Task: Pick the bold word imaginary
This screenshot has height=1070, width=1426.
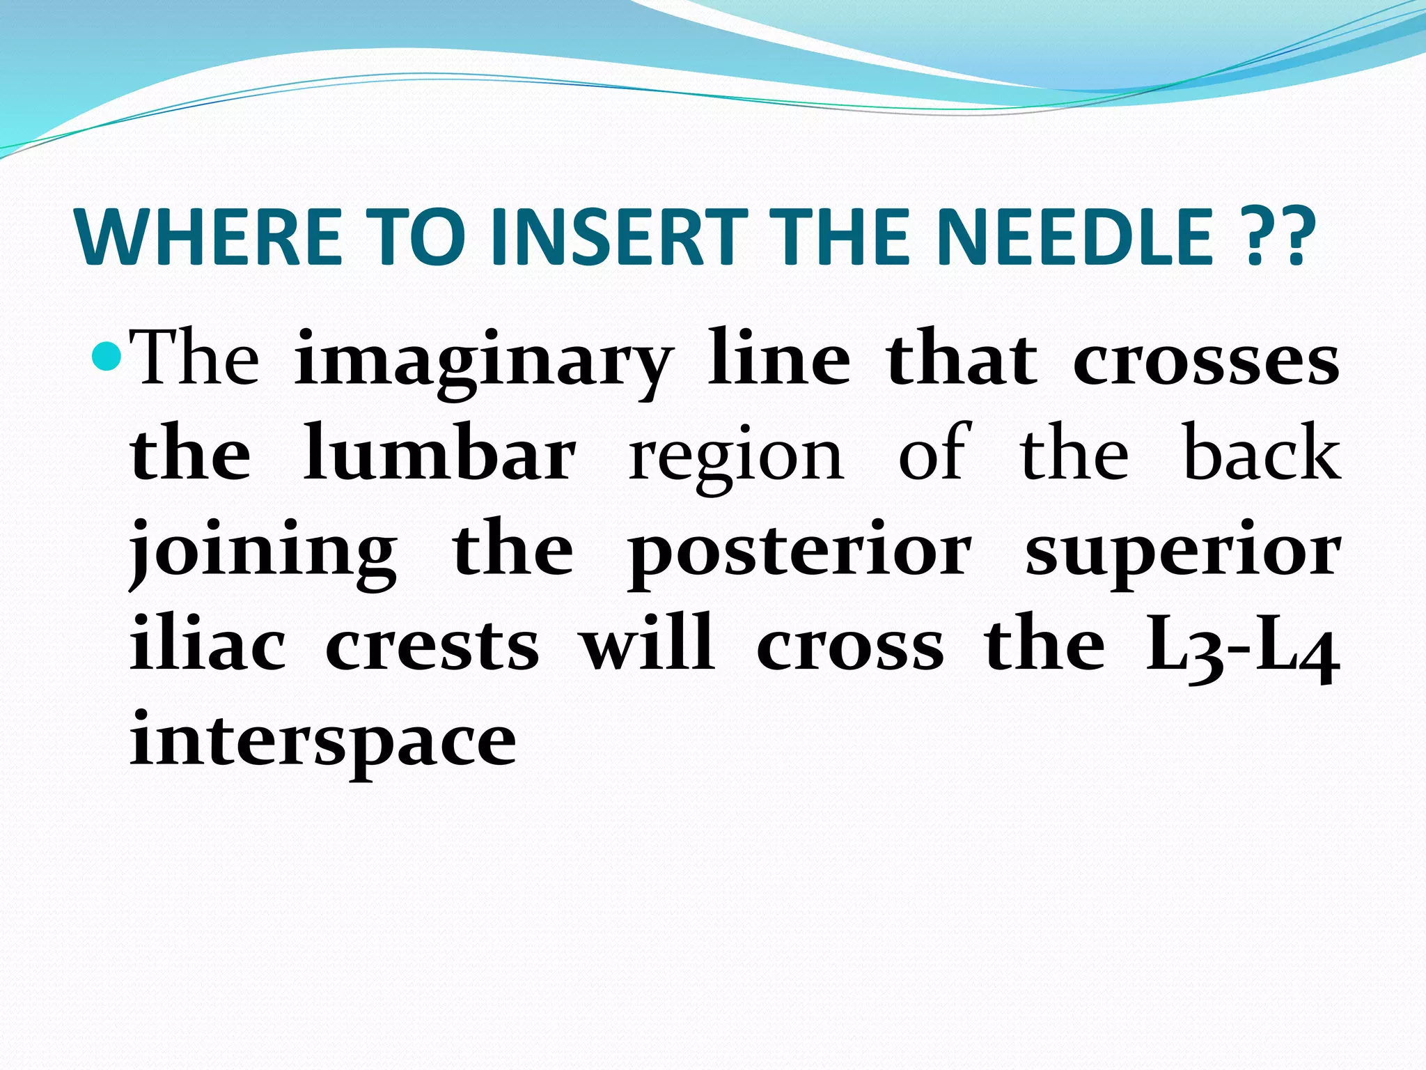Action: click(483, 362)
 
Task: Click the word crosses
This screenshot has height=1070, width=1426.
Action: click(1205, 362)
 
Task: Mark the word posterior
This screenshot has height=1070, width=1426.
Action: click(799, 554)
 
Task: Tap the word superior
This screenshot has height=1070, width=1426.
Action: click(1182, 554)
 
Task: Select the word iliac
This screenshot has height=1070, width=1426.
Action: click(207, 644)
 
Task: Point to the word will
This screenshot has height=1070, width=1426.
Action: click(648, 644)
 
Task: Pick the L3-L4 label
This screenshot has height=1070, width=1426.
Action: click(1242, 648)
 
